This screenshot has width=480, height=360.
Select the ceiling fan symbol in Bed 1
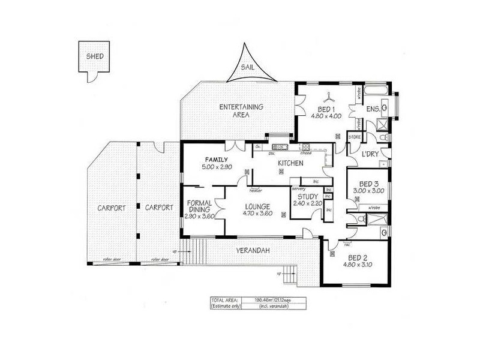point(328,96)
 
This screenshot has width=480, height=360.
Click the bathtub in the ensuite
point(377,91)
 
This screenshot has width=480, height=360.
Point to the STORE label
point(355,137)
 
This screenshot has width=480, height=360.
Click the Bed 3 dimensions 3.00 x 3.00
point(368,190)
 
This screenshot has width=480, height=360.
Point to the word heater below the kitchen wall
point(256,190)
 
